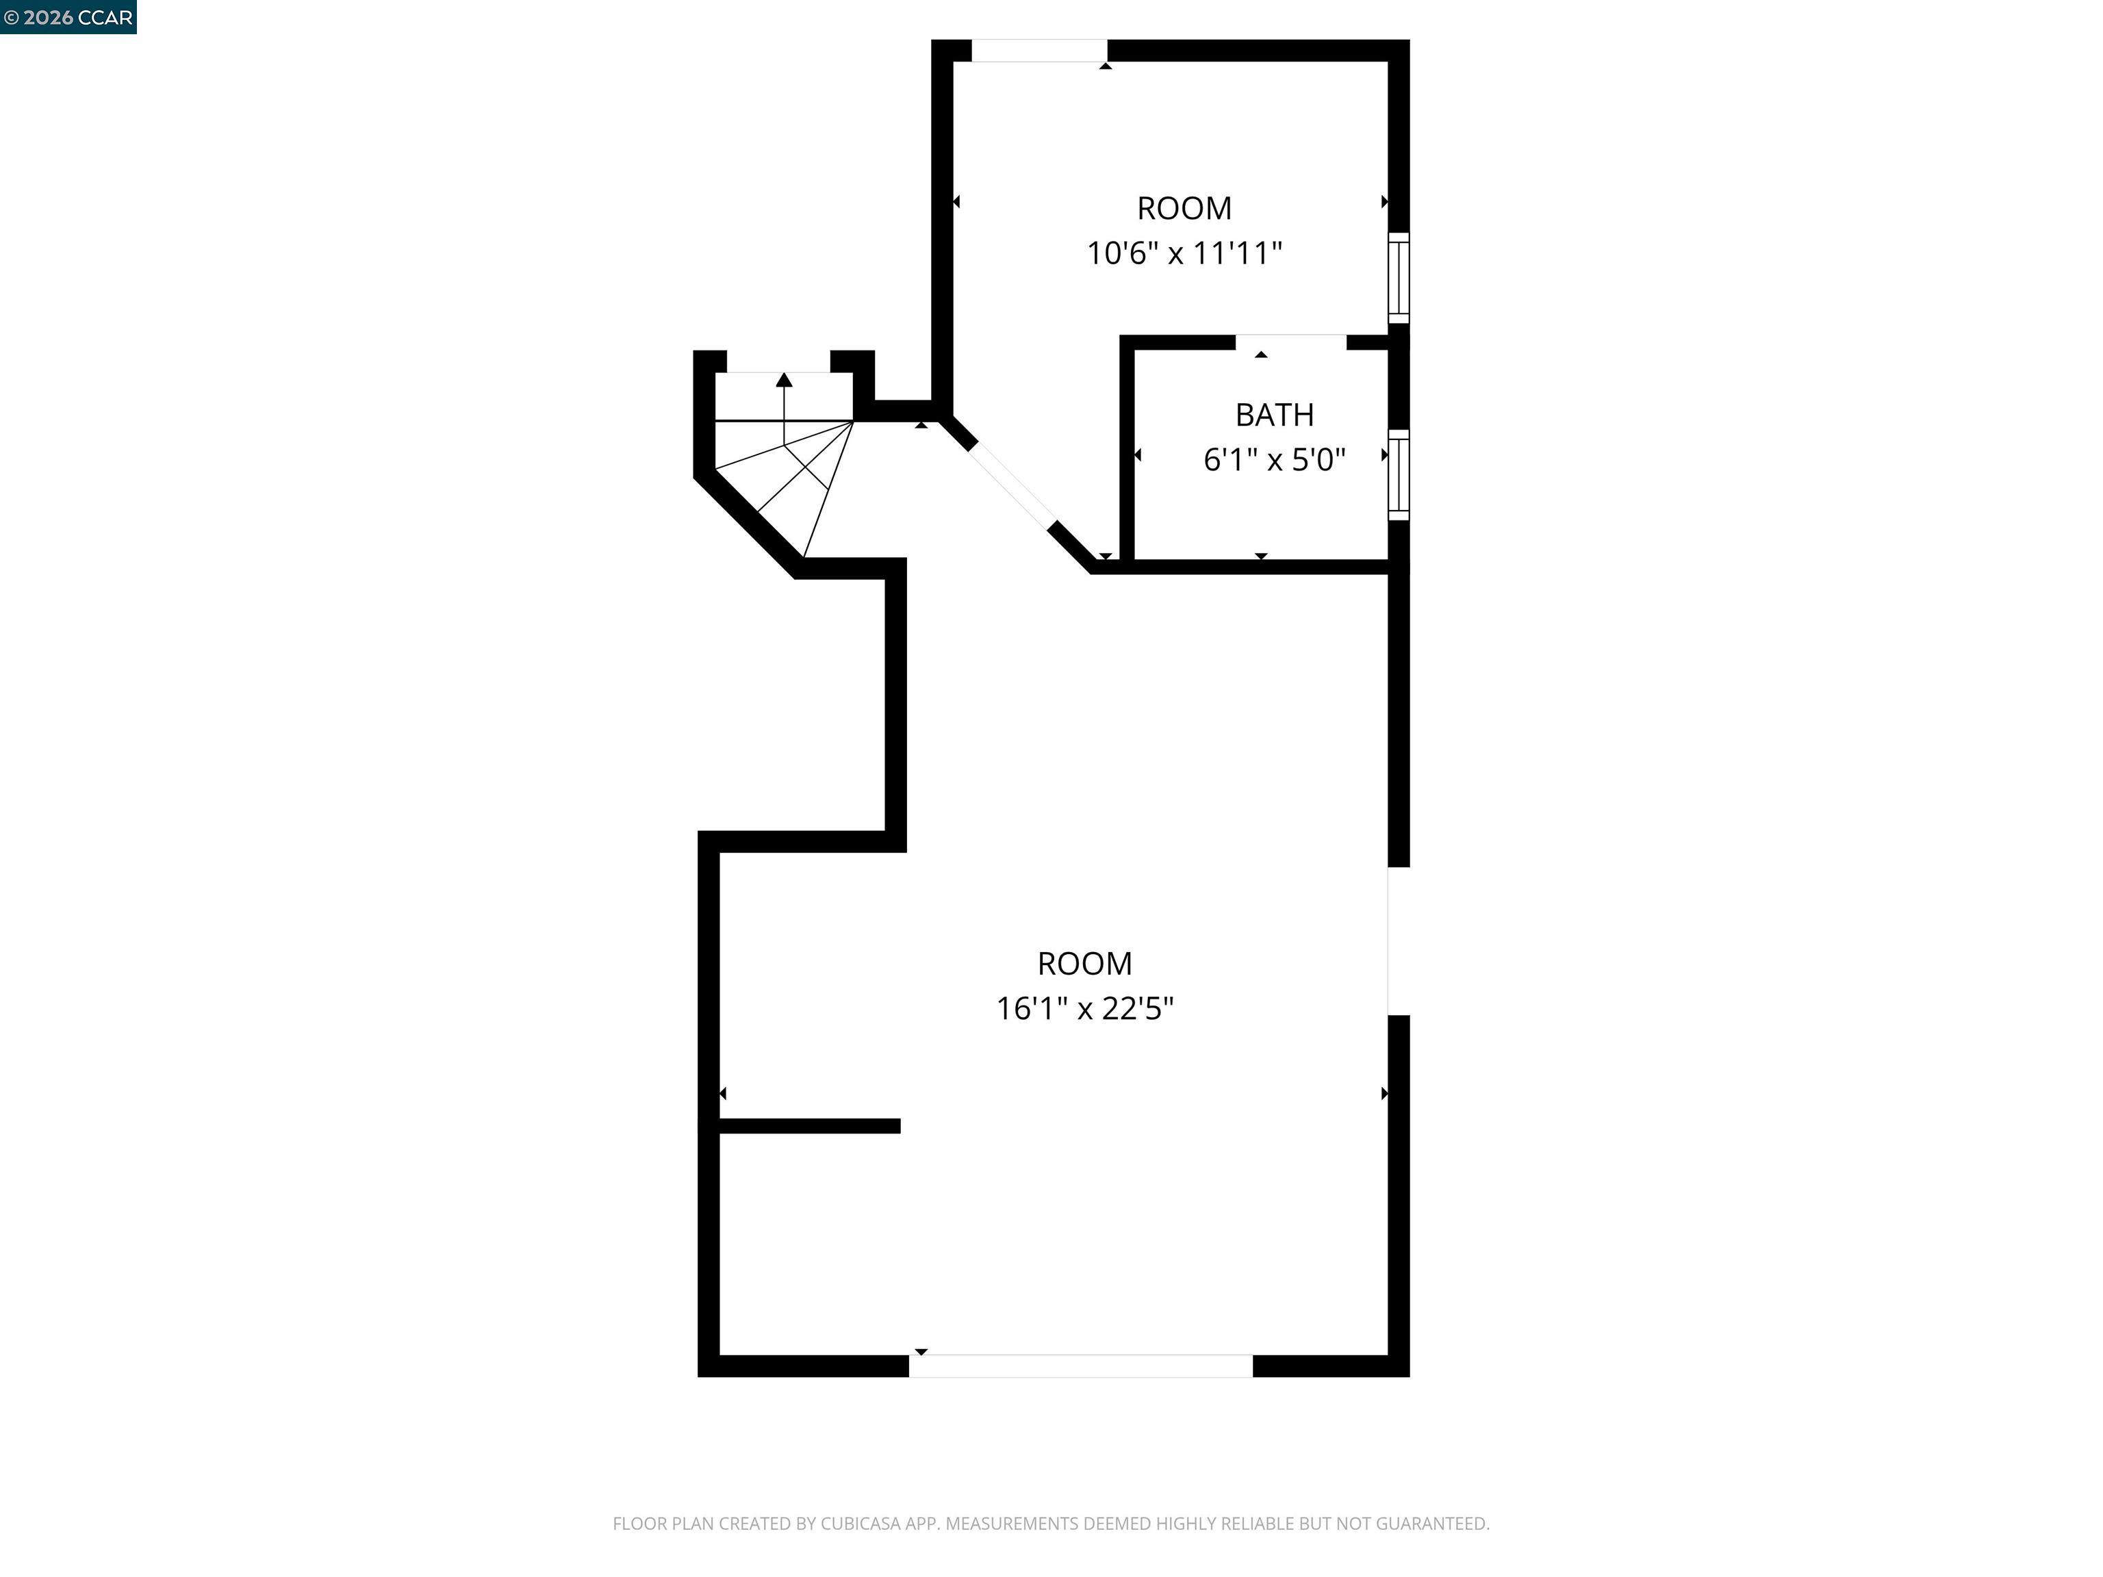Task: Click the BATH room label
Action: coord(1274,415)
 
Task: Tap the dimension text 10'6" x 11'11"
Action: coord(1184,254)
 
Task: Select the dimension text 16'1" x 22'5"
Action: coord(1085,1009)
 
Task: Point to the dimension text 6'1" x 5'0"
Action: coord(1274,460)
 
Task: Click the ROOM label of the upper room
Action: coord(1184,208)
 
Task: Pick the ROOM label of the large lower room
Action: coord(1085,964)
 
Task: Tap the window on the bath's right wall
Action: coord(1398,474)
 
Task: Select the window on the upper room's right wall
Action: coord(1398,278)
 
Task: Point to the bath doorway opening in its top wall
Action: coord(1290,342)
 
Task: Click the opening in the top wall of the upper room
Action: coord(1039,51)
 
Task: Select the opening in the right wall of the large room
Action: coord(1398,941)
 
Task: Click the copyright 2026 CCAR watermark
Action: coord(68,17)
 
